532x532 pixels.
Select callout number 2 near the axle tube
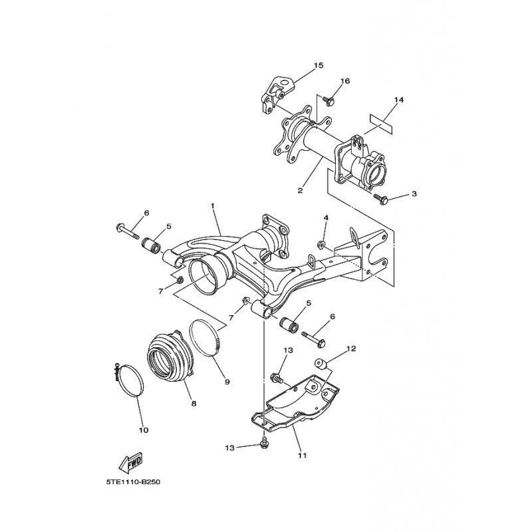[x=301, y=190]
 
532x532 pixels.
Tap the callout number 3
[x=414, y=194]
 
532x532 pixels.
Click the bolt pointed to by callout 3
[x=384, y=198]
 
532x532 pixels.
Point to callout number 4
[x=326, y=217]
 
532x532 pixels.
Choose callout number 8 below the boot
[x=194, y=403]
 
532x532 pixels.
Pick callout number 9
[x=227, y=382]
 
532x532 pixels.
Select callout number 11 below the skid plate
[x=303, y=456]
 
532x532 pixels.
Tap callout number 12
[x=352, y=348]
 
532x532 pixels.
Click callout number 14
[x=398, y=100]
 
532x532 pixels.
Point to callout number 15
[x=319, y=65]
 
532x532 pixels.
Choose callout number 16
[x=345, y=81]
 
